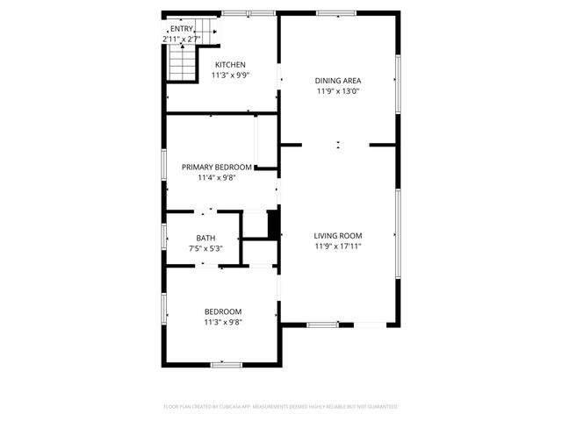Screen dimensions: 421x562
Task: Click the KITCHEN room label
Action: click(231, 64)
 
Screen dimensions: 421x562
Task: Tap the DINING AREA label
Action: click(338, 81)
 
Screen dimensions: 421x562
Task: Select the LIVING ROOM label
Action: click(338, 235)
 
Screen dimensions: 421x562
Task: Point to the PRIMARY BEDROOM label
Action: click(217, 167)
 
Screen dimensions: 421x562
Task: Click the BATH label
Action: click(205, 238)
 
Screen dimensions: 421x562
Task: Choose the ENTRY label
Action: click(182, 29)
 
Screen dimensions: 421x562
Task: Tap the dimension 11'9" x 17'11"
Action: click(338, 246)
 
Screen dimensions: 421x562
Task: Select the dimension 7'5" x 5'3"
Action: click(205, 248)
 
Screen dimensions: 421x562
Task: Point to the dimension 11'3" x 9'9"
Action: click(231, 75)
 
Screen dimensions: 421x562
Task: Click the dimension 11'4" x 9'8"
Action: click(217, 177)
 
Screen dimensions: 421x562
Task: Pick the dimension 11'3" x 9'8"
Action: click(223, 322)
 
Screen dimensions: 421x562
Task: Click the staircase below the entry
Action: click(181, 62)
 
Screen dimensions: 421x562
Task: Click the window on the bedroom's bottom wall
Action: click(227, 364)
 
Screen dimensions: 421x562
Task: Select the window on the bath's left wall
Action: click(164, 238)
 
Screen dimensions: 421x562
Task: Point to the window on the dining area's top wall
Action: click(335, 13)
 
